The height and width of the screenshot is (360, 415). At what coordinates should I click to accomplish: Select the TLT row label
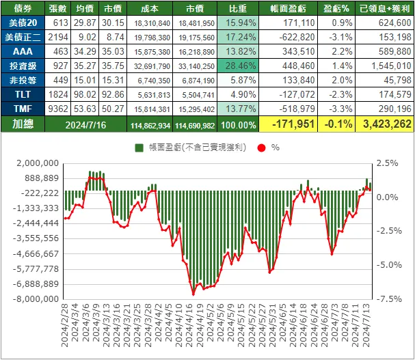click(23, 94)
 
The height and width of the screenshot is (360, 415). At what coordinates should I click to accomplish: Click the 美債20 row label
click(23, 24)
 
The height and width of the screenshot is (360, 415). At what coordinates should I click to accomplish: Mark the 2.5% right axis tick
click(387, 163)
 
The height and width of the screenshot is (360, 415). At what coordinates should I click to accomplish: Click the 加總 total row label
click(23, 124)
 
